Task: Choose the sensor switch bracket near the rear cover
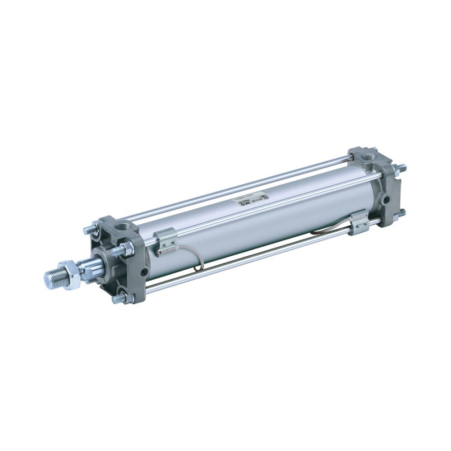tap(359, 222)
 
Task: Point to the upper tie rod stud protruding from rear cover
tap(400, 168)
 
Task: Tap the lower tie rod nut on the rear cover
tap(398, 214)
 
